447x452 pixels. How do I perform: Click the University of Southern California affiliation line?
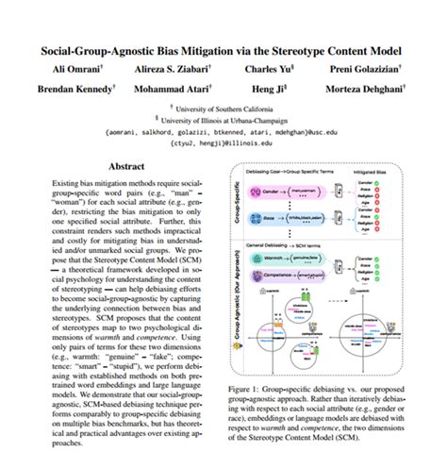click(223, 109)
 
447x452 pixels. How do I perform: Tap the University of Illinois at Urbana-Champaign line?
click(223, 121)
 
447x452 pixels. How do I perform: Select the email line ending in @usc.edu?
click(223, 132)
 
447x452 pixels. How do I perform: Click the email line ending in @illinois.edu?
click(223, 143)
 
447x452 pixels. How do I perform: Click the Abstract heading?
click(125, 166)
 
